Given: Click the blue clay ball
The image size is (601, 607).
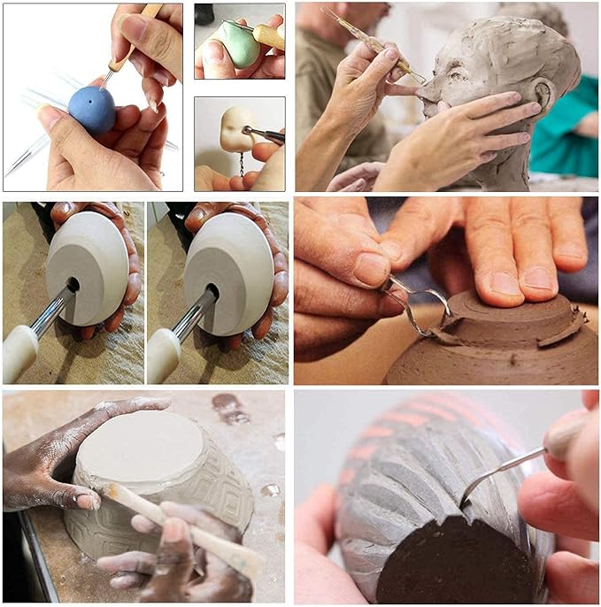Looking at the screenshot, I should click(91, 110).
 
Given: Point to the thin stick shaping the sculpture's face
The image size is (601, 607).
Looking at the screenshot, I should click(367, 41).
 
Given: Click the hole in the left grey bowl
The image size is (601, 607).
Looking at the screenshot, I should click(72, 286).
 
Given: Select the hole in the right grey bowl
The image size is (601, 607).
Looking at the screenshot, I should click(212, 288).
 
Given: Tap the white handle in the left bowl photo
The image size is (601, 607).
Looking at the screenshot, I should click(19, 353).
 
